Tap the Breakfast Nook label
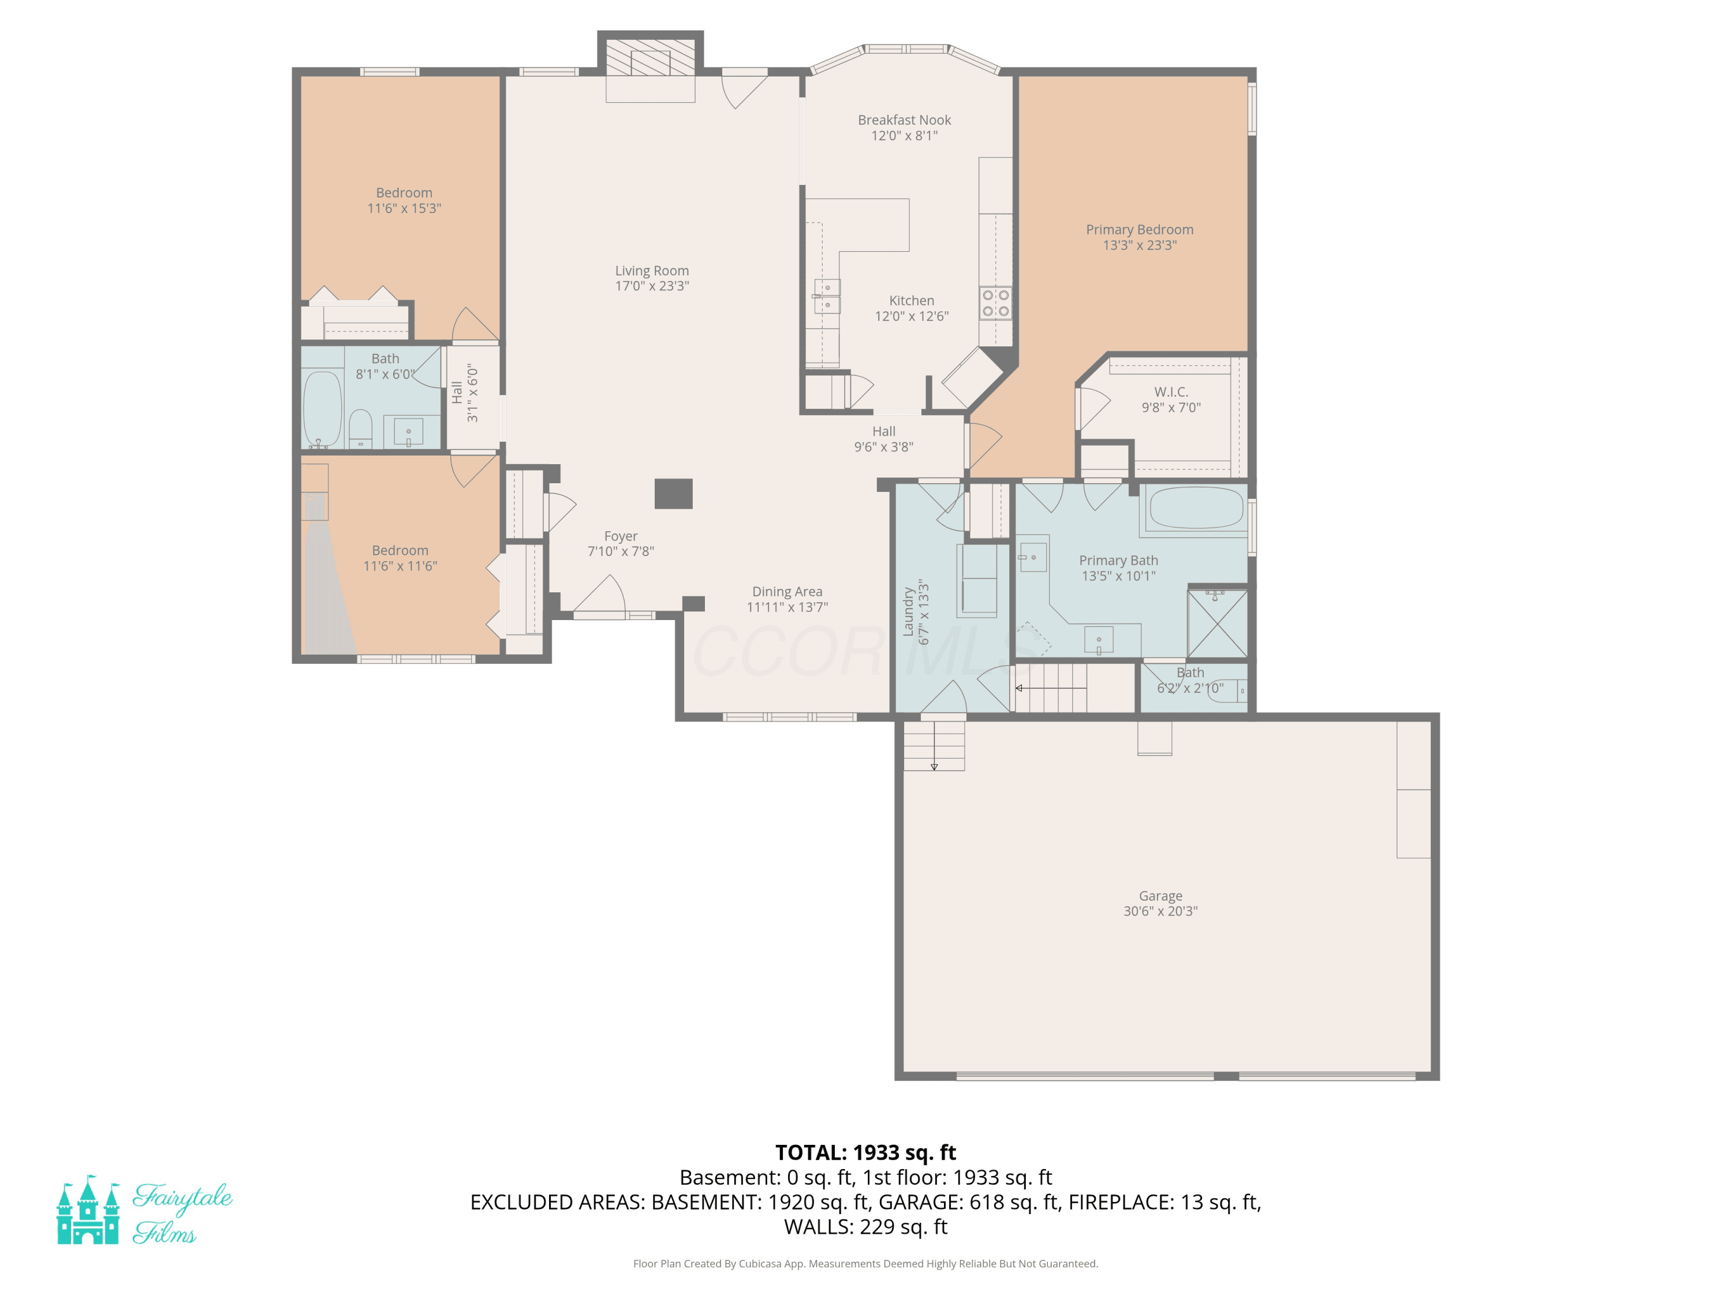904,120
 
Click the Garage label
1160,896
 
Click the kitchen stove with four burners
995,303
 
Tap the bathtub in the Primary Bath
1196,507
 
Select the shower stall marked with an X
1218,624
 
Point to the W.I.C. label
1171,391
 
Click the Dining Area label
787,592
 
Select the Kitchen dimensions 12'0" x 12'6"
912,316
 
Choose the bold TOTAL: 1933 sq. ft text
865,1152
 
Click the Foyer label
620,536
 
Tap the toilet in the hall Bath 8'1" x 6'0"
360,428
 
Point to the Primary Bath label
1118,561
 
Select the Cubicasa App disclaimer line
865,1264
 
